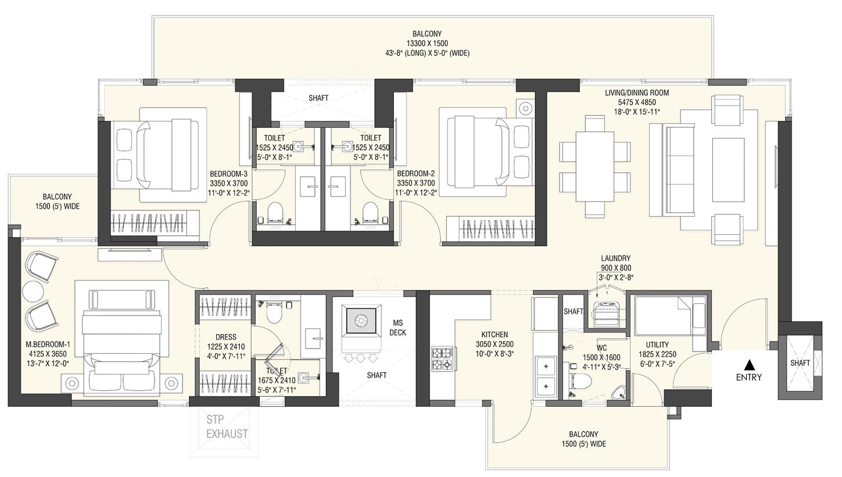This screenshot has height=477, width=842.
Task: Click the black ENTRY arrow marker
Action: click(x=750, y=365)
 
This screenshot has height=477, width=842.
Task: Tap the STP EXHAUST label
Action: click(x=227, y=426)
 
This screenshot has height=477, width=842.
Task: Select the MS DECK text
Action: click(x=398, y=328)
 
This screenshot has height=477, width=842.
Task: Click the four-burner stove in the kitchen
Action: click(x=442, y=358)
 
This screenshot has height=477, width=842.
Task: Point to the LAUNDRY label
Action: click(x=616, y=259)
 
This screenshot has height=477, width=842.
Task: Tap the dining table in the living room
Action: click(x=594, y=166)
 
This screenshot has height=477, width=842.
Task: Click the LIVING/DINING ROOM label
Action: click(x=637, y=93)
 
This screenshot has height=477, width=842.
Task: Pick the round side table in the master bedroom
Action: click(x=33, y=292)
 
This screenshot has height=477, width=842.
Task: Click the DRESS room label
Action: click(x=225, y=337)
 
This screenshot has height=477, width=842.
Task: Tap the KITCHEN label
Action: click(x=495, y=335)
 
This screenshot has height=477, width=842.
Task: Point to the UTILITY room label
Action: click(x=657, y=345)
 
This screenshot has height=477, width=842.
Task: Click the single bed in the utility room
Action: click(x=669, y=316)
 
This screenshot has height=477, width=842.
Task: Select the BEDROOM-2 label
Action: click(x=415, y=174)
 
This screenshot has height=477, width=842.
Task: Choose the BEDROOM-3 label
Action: click(x=229, y=174)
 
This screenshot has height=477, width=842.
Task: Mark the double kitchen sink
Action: click(x=546, y=375)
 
